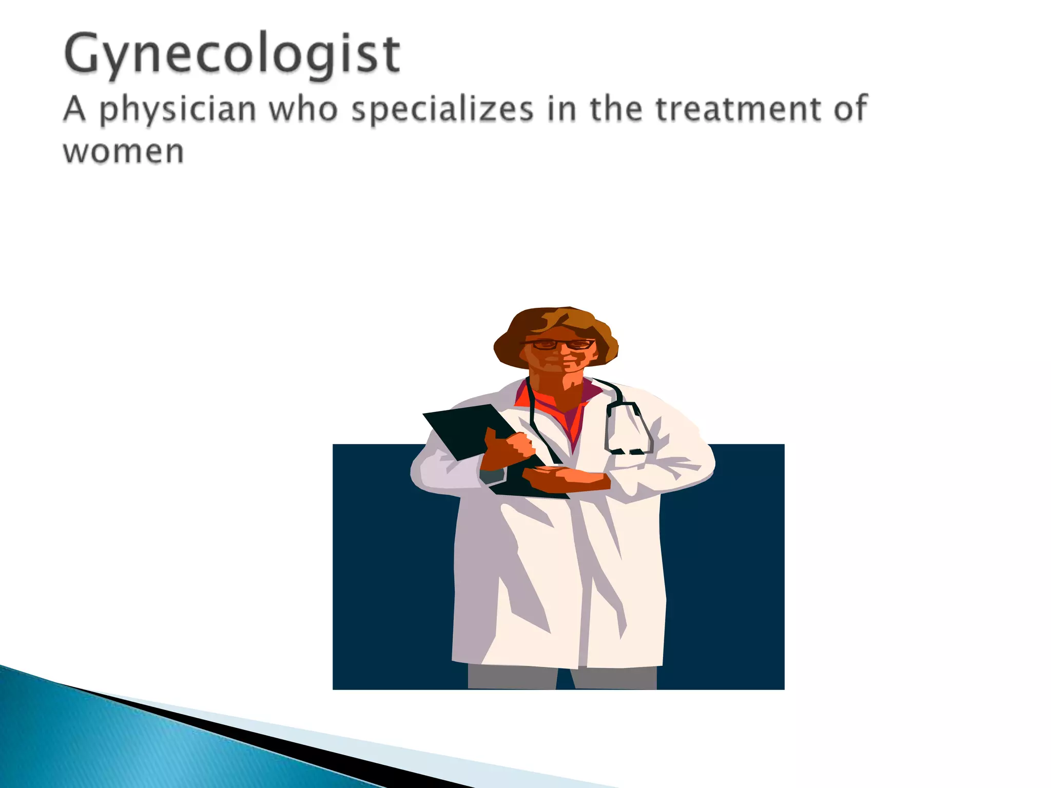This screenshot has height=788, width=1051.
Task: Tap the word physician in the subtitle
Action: tap(177, 110)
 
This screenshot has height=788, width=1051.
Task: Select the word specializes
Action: tap(442, 110)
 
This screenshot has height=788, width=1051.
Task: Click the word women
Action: tap(123, 152)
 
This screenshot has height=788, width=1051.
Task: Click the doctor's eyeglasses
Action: tap(559, 344)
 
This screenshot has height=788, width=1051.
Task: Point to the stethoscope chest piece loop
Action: tap(629, 428)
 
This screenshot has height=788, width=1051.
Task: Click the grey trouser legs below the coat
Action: tap(513, 677)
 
